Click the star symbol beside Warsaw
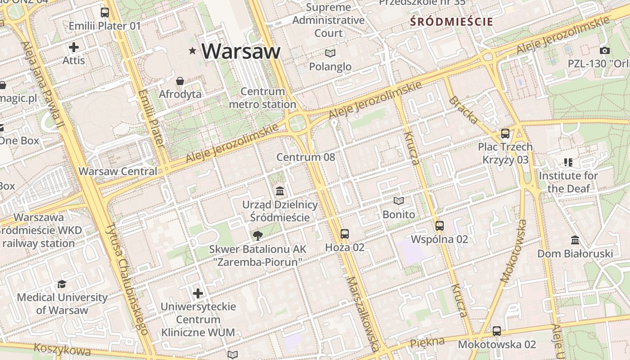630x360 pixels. coord(193,51)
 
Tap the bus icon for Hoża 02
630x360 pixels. coord(345,234)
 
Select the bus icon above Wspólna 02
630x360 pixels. coord(440,226)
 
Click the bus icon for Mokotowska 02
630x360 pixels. coord(497,331)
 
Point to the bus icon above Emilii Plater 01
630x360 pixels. coord(105,13)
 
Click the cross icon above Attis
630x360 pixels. coord(74,47)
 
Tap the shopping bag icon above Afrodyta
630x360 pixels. coord(180,81)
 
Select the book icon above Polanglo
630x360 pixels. coord(330,53)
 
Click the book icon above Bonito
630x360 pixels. coord(399,201)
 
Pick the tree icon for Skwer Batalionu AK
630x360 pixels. coord(258,235)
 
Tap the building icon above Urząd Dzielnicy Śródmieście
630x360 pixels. coord(280,191)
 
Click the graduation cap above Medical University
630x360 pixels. coord(62,284)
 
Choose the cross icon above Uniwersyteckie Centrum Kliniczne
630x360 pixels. coord(198,293)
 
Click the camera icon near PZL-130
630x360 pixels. coord(605,50)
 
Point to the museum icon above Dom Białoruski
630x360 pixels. coord(575,240)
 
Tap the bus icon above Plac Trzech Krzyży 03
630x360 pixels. coord(505,134)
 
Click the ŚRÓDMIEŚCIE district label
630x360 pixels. coord(451,22)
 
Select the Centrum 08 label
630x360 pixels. coord(306,157)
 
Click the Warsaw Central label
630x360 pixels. coord(118,171)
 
